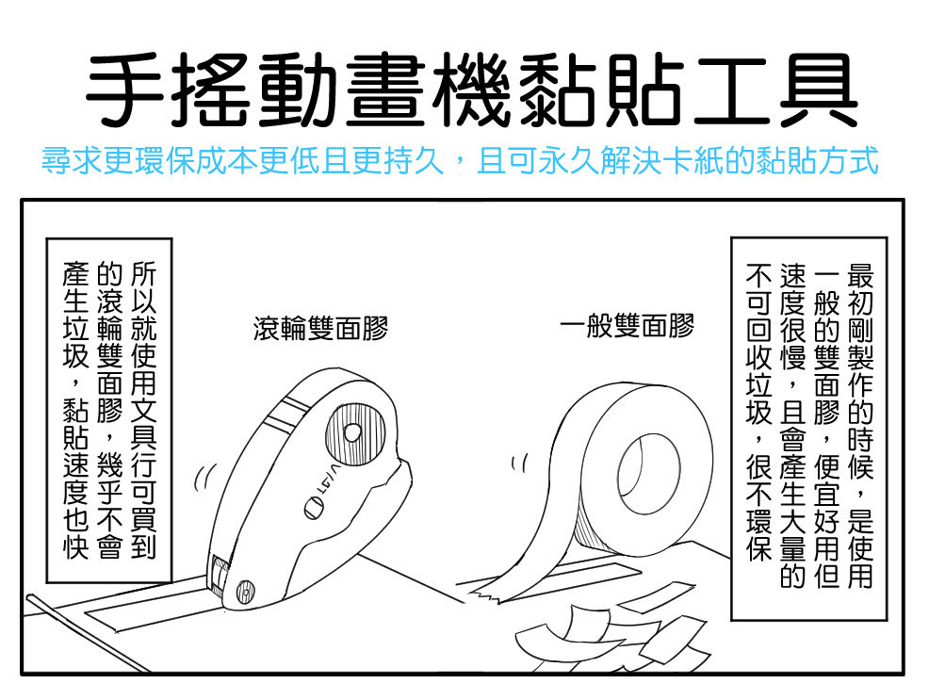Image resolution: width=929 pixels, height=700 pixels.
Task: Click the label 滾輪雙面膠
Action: tap(320, 328)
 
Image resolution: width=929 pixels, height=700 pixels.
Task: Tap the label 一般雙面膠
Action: tap(627, 325)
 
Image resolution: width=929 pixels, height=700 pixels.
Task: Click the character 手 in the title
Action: tap(125, 90)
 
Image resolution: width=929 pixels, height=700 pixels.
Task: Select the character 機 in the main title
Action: tap(471, 90)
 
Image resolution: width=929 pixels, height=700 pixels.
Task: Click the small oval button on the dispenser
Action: tap(314, 509)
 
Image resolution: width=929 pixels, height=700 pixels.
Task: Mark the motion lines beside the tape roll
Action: tap(519, 463)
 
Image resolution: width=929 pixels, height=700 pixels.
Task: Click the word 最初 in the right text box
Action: tap(860, 288)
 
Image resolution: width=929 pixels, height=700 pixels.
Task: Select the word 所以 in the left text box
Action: tap(143, 288)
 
